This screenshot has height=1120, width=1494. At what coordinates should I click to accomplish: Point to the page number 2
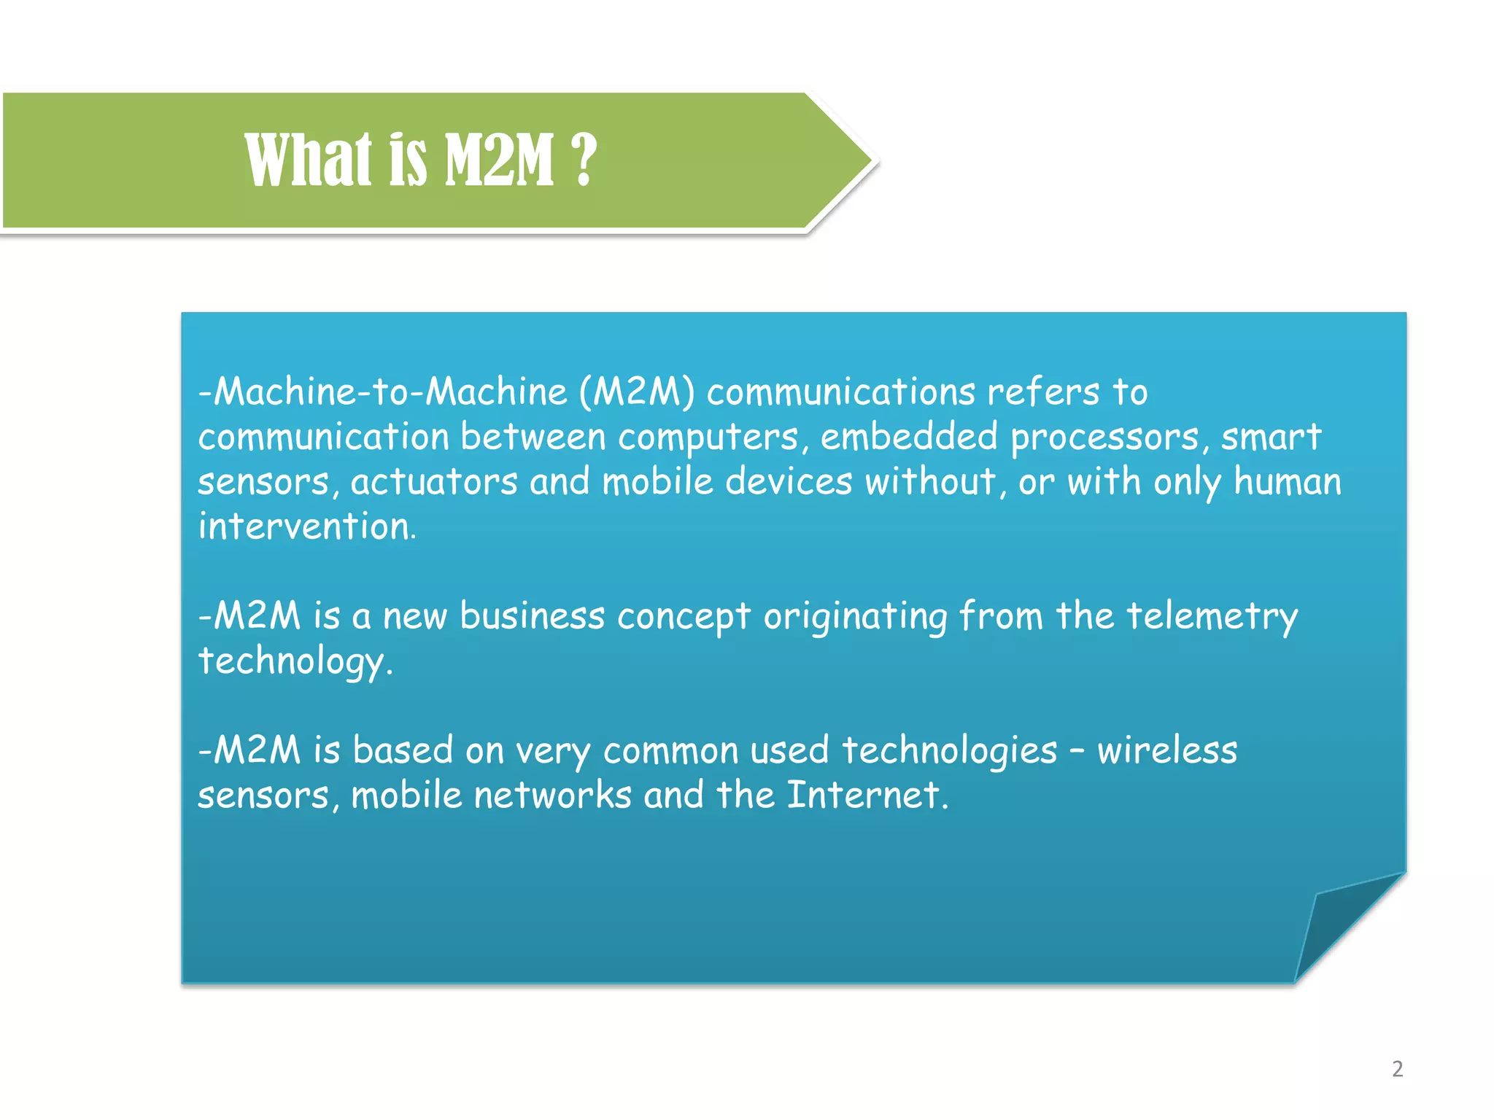(1397, 1069)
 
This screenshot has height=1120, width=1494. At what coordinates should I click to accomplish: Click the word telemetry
(1212, 616)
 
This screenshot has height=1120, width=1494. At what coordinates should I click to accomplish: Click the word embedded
(908, 437)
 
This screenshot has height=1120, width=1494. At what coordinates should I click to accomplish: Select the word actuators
(434, 482)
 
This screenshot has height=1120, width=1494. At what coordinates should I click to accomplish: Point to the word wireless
(1167, 750)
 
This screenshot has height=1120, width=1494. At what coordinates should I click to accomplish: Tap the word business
(532, 616)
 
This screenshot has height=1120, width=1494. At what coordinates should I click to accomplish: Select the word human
(1288, 482)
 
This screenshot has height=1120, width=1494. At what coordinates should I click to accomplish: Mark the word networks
(552, 795)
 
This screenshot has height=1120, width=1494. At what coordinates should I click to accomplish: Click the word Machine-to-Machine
(390, 392)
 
